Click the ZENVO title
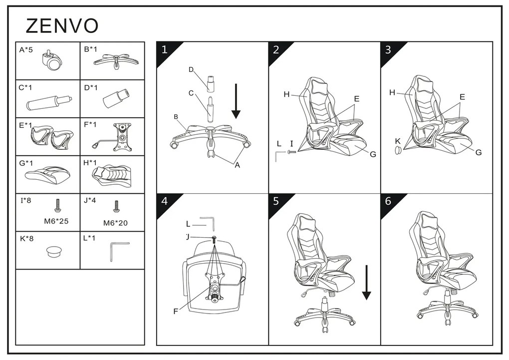point(62,26)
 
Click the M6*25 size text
point(56,221)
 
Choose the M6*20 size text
point(115,223)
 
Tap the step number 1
point(164,50)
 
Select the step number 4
point(165,201)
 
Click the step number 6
point(388,201)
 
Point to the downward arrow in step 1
point(236,101)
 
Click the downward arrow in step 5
point(366,282)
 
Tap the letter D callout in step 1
point(191,69)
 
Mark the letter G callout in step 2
point(373,154)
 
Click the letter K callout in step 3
point(398,141)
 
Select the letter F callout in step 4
point(176,312)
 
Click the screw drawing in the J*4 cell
point(116,206)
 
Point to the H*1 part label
point(90,162)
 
